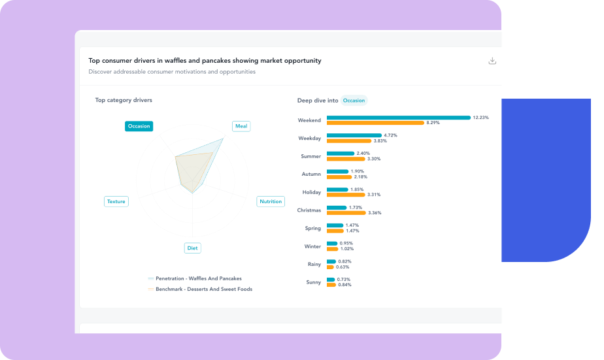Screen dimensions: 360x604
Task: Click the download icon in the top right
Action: [492, 61]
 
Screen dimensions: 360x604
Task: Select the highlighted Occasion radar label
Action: [139, 126]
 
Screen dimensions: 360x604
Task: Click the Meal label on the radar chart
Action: [241, 126]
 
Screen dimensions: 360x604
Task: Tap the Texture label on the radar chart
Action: [116, 201]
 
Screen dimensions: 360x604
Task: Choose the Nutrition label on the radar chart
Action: [271, 201]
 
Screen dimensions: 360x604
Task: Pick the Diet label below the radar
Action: [192, 248]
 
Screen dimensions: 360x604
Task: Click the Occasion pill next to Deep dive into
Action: [354, 101]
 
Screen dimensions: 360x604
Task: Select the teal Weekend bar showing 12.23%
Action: [398, 118]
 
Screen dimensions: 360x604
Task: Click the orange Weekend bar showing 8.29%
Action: [375, 123]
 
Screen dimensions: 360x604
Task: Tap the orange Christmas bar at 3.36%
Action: [346, 212]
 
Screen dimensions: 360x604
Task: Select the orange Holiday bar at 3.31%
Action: [346, 195]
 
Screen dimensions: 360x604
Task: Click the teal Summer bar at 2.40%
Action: [341, 154]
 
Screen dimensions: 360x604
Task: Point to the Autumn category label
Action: [311, 174]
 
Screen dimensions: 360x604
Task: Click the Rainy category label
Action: [314, 264]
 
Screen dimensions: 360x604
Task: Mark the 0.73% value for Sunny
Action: [344, 280]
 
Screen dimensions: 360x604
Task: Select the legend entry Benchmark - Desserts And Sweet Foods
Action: [203, 289]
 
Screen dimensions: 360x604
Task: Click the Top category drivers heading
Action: [124, 100]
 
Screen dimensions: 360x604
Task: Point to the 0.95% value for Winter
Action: [346, 244]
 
